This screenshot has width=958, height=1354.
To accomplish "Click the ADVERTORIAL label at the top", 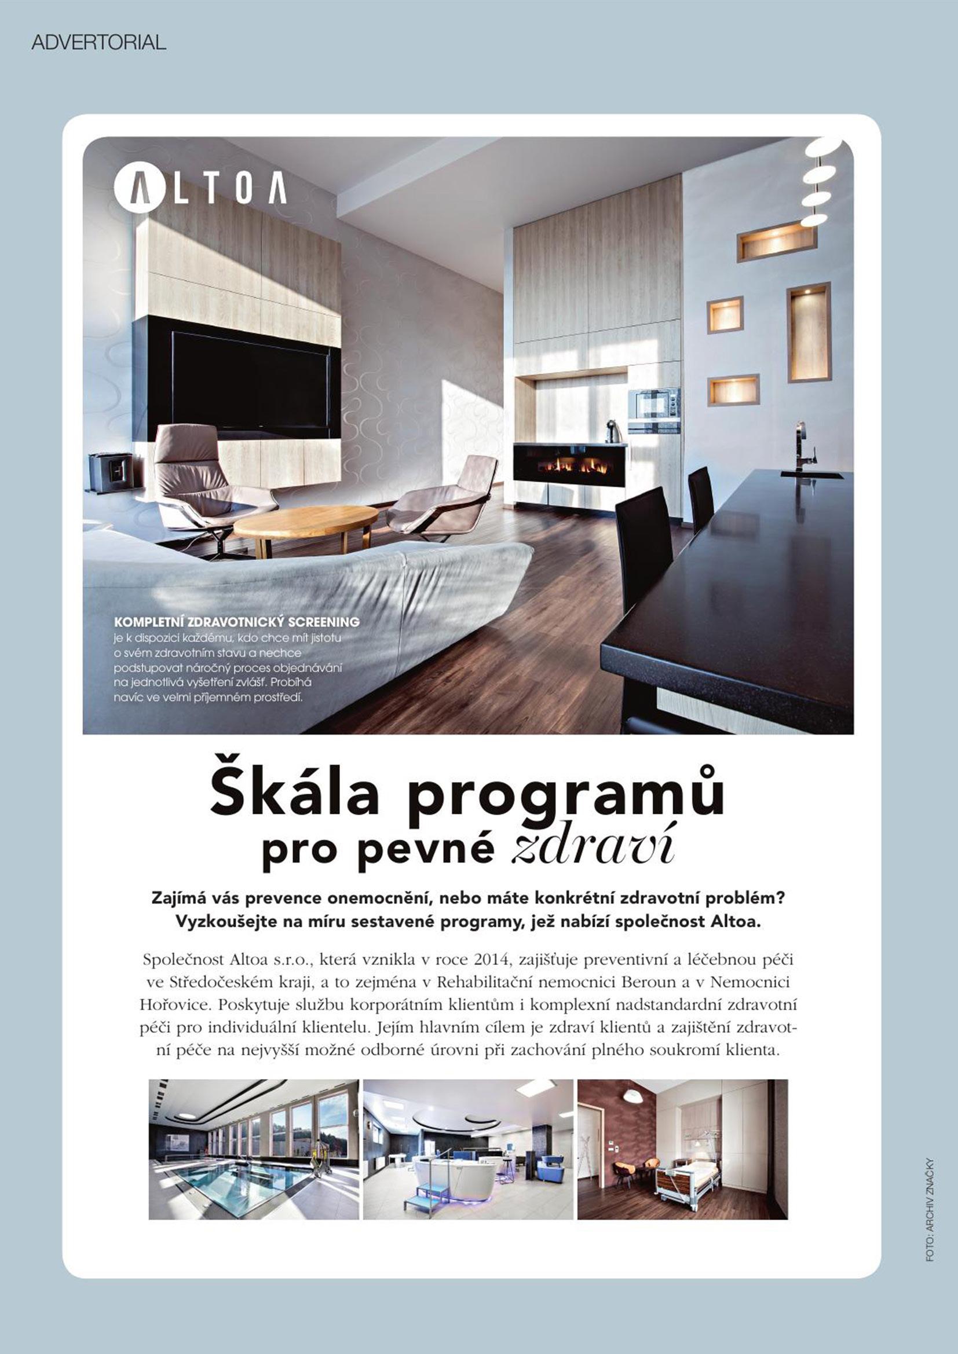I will click(x=98, y=42).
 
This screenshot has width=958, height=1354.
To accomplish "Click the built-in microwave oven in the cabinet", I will click(x=653, y=404).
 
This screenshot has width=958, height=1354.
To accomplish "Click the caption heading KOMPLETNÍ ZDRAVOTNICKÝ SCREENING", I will click(x=236, y=622).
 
